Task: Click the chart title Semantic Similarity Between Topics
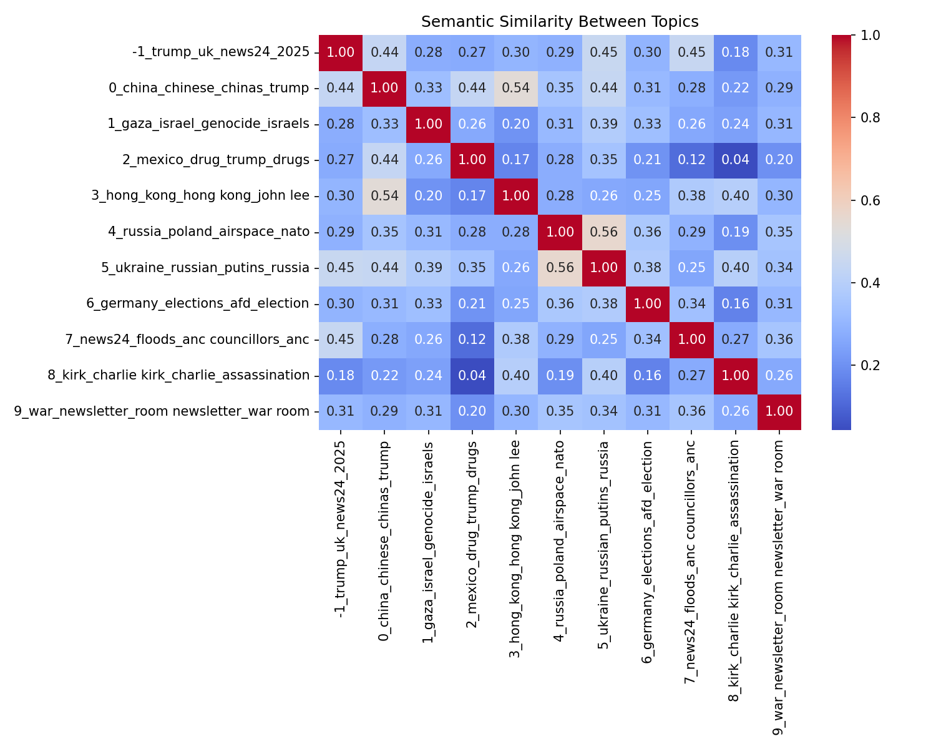(560, 22)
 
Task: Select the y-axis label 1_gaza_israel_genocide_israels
(208, 124)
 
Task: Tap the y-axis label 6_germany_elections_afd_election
(198, 303)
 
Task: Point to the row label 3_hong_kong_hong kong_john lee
(200, 195)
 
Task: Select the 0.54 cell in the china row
(516, 88)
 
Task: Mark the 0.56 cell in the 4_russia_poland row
(603, 232)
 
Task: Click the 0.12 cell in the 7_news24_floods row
(472, 340)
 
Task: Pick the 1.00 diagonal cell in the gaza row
(428, 124)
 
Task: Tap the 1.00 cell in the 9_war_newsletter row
(779, 411)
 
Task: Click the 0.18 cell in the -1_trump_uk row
(735, 52)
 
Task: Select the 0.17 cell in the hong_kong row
(472, 195)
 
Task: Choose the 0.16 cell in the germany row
(735, 303)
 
